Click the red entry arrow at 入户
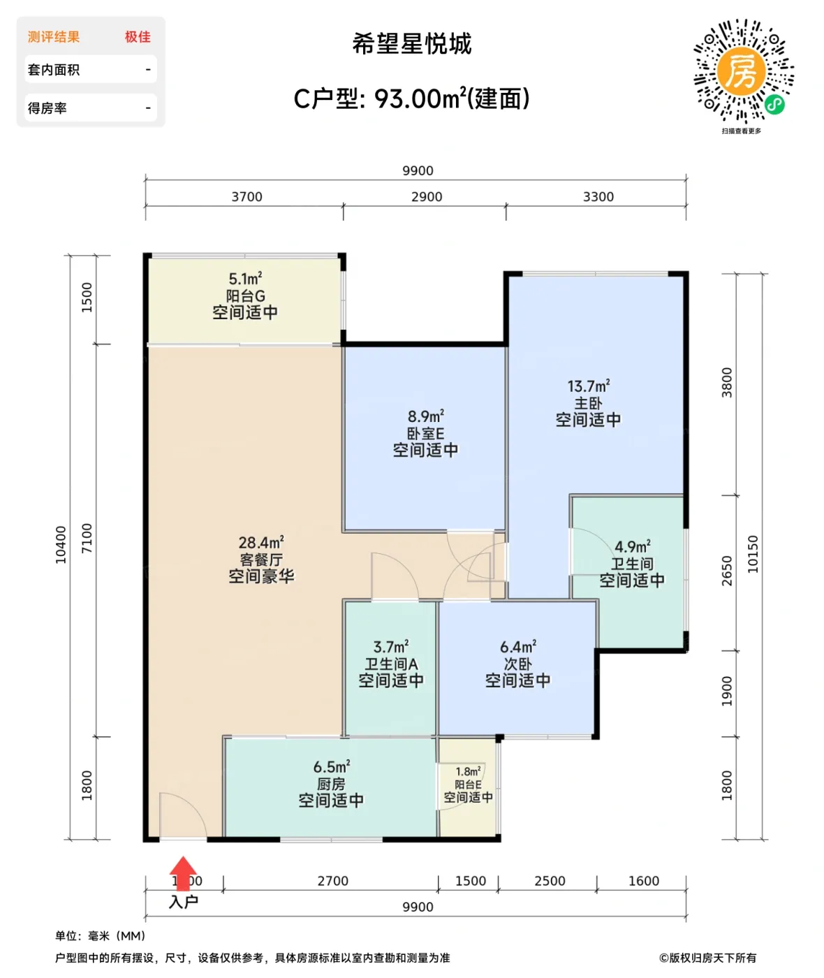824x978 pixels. pos(183,873)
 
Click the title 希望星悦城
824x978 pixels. pos(412,44)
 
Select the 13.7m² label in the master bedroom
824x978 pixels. pos(588,386)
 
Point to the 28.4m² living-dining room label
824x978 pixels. pos(261,543)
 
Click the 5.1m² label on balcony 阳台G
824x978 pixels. pos(245,279)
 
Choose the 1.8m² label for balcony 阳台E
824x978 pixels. pos(468,771)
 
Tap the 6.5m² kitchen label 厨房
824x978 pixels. pos(331,767)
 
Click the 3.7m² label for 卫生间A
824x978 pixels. pos(390,647)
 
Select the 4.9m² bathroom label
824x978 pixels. pos(632,546)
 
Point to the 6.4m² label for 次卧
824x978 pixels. pos(517,647)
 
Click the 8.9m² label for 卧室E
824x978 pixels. pos(425,416)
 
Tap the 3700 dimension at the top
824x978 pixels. pos(247,197)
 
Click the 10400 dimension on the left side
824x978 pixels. pos(61,545)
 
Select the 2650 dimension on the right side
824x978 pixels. pos(727,571)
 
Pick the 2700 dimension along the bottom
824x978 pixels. pos(332,881)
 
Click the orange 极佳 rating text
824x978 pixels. pos(138,37)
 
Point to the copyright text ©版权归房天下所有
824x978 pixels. pos(707,958)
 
